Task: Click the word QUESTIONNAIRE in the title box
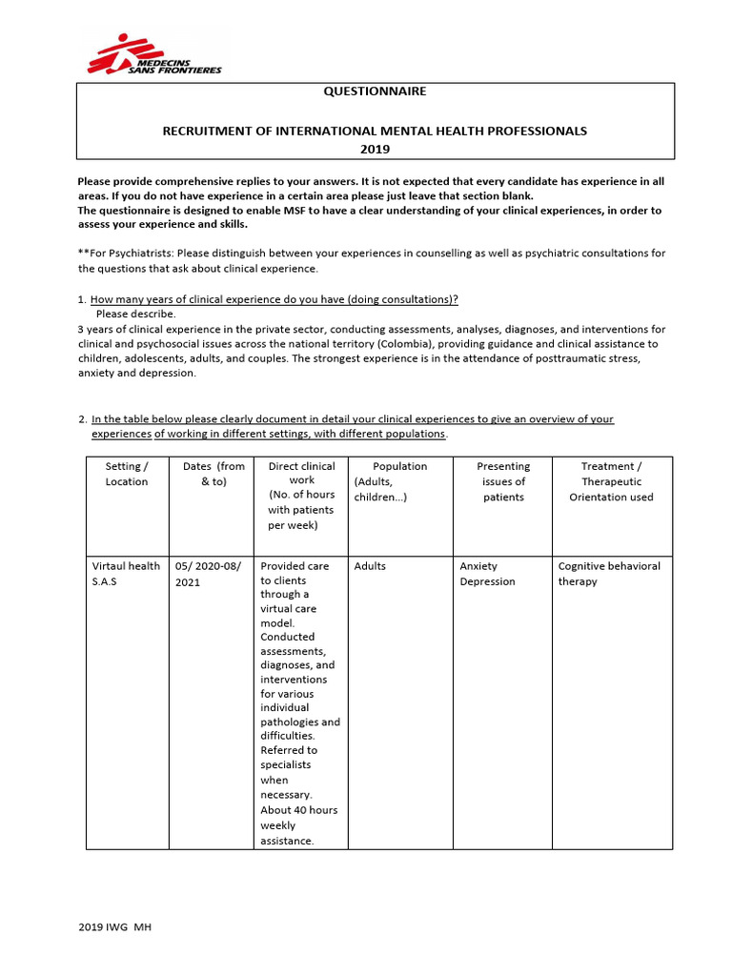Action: pyautogui.click(x=376, y=91)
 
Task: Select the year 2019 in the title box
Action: pyautogui.click(x=376, y=149)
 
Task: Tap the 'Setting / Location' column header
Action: pyautogui.click(x=127, y=474)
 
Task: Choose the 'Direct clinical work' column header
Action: pyautogui.click(x=301, y=496)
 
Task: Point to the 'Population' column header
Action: pyautogui.click(x=398, y=467)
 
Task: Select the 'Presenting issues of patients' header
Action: pyautogui.click(x=503, y=481)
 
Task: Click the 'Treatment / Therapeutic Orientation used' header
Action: pyautogui.click(x=611, y=481)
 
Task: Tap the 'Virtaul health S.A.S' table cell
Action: pyautogui.click(x=125, y=574)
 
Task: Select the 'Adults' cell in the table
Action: pyautogui.click(x=370, y=566)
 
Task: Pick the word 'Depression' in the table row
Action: pyautogui.click(x=487, y=581)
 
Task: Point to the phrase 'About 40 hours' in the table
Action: pyautogui.click(x=298, y=810)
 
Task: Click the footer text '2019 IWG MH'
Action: pyautogui.click(x=114, y=927)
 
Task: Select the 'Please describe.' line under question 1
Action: pyautogui.click(x=135, y=314)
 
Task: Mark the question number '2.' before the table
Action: pyautogui.click(x=82, y=419)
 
